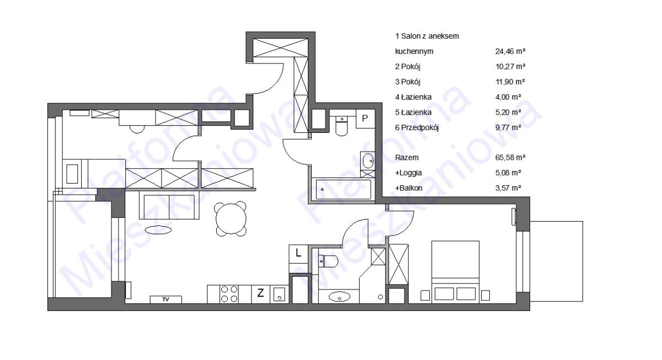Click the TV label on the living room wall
[x=166, y=299]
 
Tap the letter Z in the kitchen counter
[x=260, y=293]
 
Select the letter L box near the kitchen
[x=298, y=253]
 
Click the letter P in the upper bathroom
[x=365, y=119]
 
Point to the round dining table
[x=231, y=219]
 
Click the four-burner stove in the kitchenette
[x=229, y=294]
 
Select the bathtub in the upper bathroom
[x=343, y=189]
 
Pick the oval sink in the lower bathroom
[x=339, y=297]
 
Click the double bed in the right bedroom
[x=456, y=272]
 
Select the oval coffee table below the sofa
[x=158, y=230]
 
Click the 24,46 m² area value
[x=510, y=51]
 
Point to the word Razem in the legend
[x=407, y=158]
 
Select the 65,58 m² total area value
[x=510, y=158]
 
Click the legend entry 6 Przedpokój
[x=417, y=127]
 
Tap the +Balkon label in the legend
[x=408, y=188]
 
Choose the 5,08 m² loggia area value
[x=508, y=173]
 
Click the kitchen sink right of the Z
[x=279, y=294]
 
